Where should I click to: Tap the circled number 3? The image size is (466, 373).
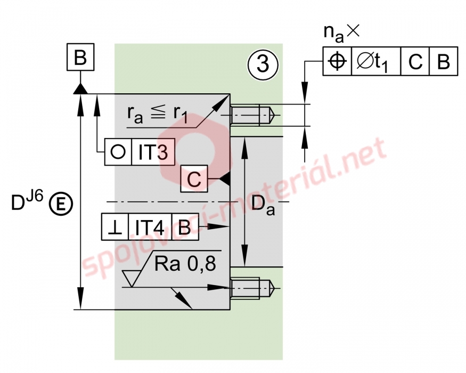tap(263, 64)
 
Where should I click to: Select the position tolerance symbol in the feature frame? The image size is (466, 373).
tap(337, 62)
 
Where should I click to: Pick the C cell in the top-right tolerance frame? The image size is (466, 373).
tap(415, 62)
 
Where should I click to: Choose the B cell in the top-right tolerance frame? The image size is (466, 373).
tap(443, 62)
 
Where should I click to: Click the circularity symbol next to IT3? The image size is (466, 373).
tap(118, 152)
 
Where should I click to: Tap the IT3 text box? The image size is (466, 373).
tap(153, 152)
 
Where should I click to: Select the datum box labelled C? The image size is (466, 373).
tap(194, 179)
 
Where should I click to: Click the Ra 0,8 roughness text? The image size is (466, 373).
tap(185, 263)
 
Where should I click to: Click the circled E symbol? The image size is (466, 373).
tap(61, 204)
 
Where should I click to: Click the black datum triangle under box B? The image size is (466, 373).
tap(80, 88)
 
